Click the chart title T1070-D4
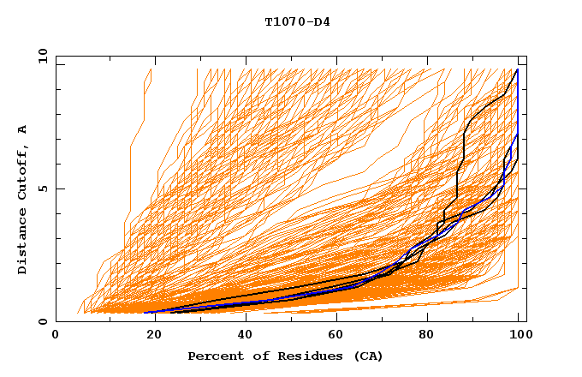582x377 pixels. tap(297, 21)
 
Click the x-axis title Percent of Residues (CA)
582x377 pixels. tap(286, 356)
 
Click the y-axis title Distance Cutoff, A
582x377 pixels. tap(22, 199)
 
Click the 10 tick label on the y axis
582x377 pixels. tap(42, 56)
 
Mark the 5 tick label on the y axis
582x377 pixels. tap(45, 188)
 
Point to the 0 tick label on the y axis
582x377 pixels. tap(45, 321)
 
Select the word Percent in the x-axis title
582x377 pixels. tap(215, 356)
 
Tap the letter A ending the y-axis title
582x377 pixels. tap(22, 129)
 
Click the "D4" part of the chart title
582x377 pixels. tap(323, 21)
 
